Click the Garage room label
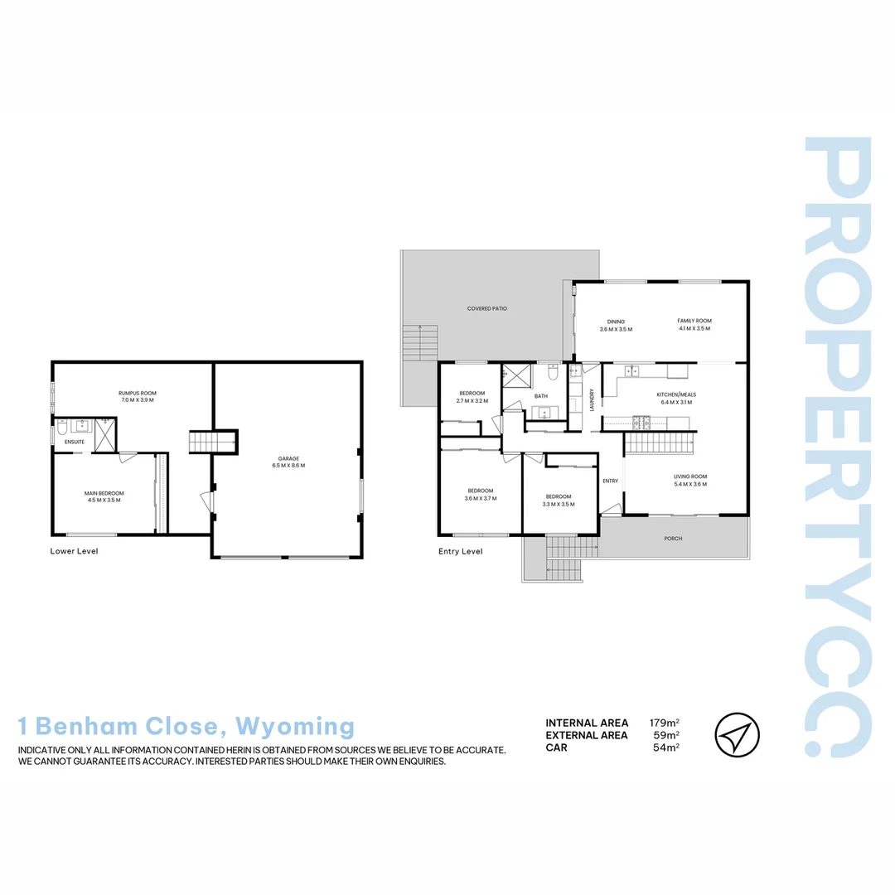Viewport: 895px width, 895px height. click(288, 458)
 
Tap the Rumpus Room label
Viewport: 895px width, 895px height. click(137, 393)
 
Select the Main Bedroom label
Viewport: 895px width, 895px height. click(103, 493)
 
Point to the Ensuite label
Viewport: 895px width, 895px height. click(75, 442)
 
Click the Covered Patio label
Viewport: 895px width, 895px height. click(486, 308)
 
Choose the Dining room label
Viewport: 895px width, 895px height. click(616, 322)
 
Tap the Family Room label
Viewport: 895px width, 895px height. click(694, 321)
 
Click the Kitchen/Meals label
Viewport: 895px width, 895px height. click(674, 394)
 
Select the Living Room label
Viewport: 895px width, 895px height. click(690, 477)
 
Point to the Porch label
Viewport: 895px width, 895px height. click(673, 539)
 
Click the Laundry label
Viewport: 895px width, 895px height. click(592, 399)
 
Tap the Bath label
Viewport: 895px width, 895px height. click(540, 396)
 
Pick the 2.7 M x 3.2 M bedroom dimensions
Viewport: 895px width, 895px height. click(472, 401)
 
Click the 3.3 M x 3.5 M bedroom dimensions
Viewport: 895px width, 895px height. click(559, 504)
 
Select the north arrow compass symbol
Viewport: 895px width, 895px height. click(737, 735)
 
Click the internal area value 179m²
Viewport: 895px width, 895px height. click(665, 723)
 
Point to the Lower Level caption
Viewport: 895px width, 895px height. click(75, 551)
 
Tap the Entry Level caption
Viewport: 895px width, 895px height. click(460, 551)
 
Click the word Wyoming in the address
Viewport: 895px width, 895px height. click(295, 727)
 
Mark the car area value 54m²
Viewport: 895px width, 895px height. click(666, 747)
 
